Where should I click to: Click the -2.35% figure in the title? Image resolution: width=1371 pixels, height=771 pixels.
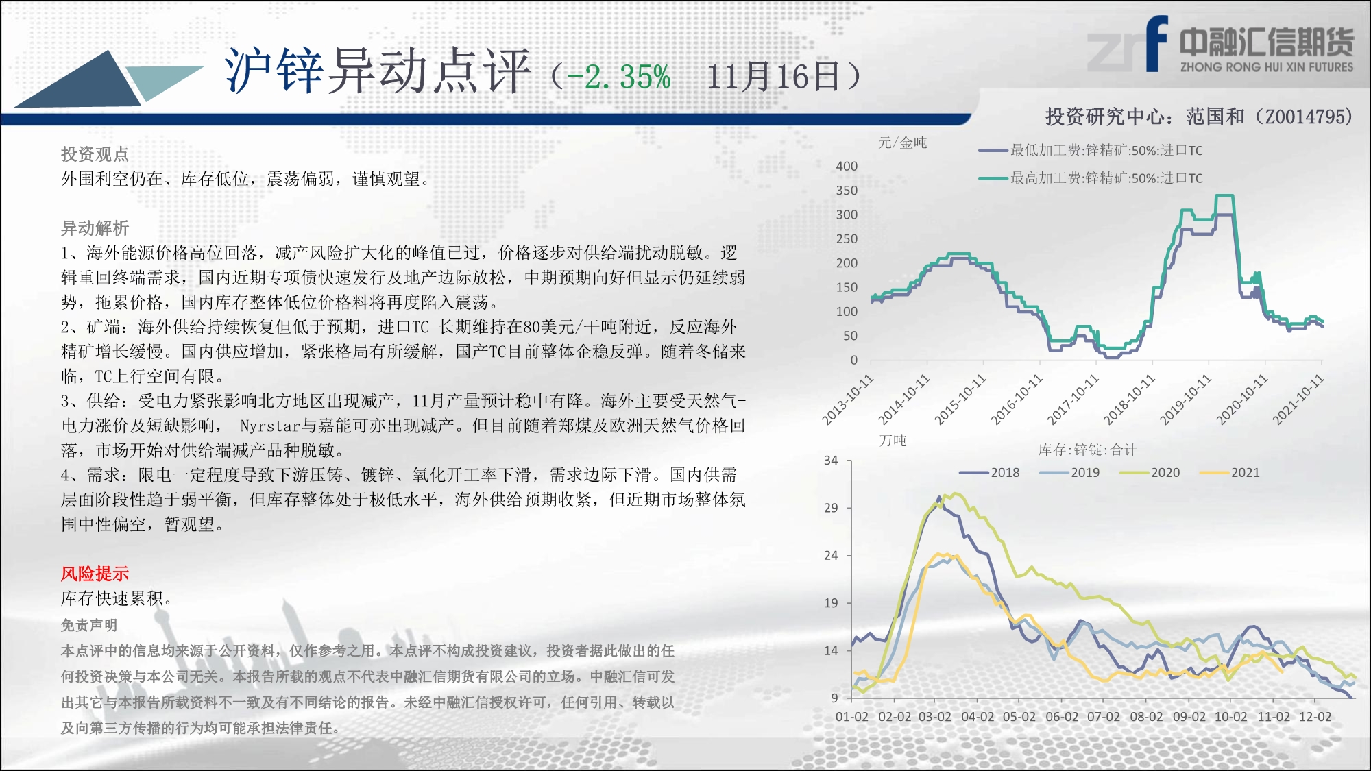(x=619, y=77)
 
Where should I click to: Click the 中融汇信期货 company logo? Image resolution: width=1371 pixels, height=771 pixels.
(x=1221, y=45)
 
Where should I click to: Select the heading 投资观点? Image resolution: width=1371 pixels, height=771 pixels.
(x=95, y=154)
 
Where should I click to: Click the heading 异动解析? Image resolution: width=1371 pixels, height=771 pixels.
(x=95, y=228)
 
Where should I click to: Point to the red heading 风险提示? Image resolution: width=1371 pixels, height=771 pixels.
(x=95, y=574)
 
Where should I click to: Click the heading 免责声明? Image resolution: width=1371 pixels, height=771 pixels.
(x=89, y=625)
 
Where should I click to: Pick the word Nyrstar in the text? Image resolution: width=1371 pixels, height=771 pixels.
(x=270, y=426)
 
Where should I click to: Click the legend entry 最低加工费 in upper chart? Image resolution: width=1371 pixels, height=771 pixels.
(x=1091, y=150)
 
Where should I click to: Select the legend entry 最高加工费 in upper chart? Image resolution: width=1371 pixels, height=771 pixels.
(x=1091, y=178)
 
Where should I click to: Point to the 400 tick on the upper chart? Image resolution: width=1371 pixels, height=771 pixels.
(x=847, y=166)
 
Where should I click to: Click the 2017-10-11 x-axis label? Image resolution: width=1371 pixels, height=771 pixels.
(x=1072, y=400)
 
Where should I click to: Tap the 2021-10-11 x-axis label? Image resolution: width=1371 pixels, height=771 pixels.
(x=1298, y=400)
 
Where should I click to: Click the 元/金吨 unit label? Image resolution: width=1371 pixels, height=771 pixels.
(x=903, y=143)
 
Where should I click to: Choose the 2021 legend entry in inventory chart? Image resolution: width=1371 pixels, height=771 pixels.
(x=1230, y=473)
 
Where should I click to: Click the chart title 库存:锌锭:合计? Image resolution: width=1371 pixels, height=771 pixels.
(x=1087, y=450)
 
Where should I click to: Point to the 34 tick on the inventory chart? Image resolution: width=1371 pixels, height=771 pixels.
(x=831, y=461)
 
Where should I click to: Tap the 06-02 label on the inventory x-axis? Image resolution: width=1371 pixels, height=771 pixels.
(x=1062, y=717)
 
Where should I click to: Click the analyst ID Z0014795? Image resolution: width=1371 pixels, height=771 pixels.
(x=1304, y=117)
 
